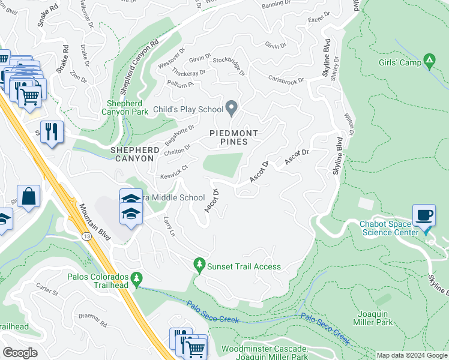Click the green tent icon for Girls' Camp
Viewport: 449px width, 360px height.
(429, 61)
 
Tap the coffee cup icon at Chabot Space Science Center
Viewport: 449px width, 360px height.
(424, 214)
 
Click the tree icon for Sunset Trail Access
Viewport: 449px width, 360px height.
(199, 263)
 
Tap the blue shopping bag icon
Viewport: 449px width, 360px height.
(28, 196)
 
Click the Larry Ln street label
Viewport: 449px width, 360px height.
(169, 226)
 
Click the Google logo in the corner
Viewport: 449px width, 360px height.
(20, 352)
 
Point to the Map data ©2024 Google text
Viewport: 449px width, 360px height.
(412, 355)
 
